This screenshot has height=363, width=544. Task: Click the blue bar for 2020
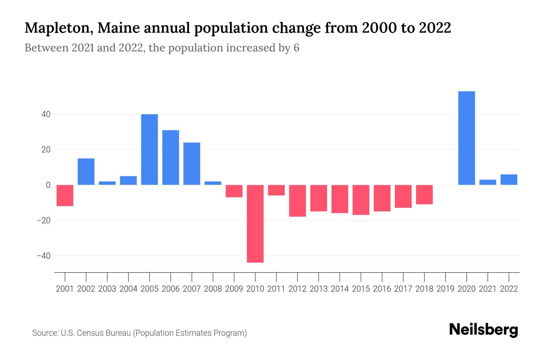tap(467, 138)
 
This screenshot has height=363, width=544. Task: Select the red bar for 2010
tap(255, 224)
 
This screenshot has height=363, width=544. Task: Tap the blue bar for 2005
tap(149, 149)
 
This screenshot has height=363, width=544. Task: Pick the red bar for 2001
tap(65, 195)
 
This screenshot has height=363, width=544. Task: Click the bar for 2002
tap(86, 172)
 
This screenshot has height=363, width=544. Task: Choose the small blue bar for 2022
tap(509, 180)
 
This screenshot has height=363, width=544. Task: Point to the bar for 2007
tap(192, 164)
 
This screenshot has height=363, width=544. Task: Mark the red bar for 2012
tap(297, 201)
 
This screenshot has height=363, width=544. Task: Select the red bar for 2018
tap(424, 195)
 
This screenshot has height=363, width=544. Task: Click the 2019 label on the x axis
tap(445, 289)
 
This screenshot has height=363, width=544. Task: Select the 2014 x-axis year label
tap(340, 289)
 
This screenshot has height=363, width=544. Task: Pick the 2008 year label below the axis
tap(213, 289)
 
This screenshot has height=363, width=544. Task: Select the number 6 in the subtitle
tap(296, 48)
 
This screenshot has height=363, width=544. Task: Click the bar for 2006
tap(170, 158)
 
